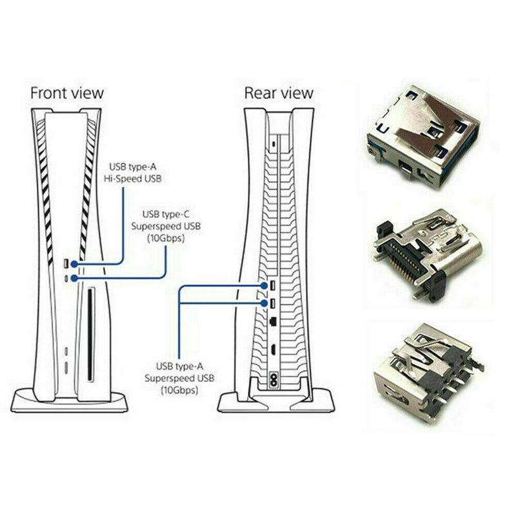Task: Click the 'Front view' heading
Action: (66, 93)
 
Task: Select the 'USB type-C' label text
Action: (166, 213)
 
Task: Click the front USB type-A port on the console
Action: (66, 264)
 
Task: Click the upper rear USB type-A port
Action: (273, 286)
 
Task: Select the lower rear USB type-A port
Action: (273, 303)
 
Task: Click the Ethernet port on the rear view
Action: (273, 320)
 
